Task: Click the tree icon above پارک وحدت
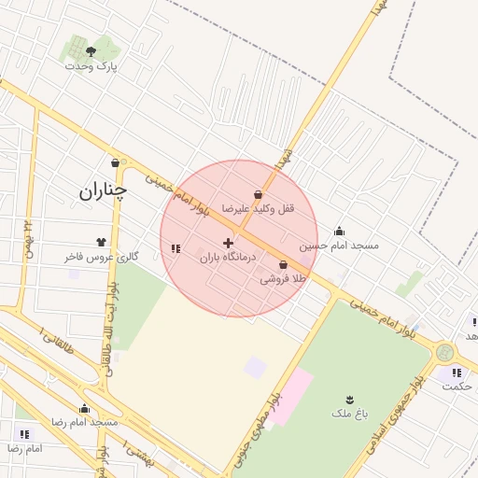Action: (x=90, y=51)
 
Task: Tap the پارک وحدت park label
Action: (x=91, y=66)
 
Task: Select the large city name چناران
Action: (x=103, y=191)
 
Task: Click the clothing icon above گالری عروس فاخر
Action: (x=100, y=242)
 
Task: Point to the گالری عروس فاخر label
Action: (x=102, y=256)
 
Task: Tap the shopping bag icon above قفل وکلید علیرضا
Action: (x=258, y=194)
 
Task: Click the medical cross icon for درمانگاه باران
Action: (x=228, y=243)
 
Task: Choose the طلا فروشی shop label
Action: (x=283, y=278)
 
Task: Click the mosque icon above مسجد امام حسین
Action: (x=339, y=232)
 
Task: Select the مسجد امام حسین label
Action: (x=339, y=246)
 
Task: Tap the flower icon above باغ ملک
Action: (x=350, y=399)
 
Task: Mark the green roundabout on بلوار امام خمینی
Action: (x=444, y=353)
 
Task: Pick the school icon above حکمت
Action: (x=457, y=373)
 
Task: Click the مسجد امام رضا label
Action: (x=85, y=422)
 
